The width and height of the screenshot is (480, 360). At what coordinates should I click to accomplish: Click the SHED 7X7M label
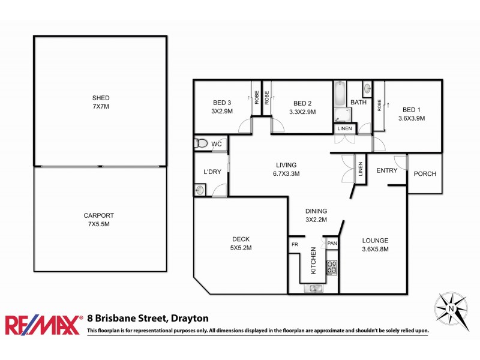(x=101, y=101)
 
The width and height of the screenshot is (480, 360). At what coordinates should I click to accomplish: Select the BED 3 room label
(x=221, y=107)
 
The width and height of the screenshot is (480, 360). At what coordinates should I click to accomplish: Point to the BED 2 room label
(x=302, y=107)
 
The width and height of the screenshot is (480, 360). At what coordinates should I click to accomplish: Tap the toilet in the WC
(x=202, y=144)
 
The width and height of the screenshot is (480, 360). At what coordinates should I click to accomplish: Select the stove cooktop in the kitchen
(x=332, y=268)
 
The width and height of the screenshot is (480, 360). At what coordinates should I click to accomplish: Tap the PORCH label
(x=425, y=174)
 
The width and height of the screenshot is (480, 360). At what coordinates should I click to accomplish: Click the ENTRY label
(x=386, y=170)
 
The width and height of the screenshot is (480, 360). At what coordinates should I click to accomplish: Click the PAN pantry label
(x=332, y=244)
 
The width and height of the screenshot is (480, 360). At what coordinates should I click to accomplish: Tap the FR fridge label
(x=295, y=245)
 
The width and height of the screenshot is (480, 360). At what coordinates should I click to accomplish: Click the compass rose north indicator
(x=452, y=309)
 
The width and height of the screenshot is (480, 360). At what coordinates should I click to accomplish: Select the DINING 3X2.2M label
(x=316, y=215)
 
